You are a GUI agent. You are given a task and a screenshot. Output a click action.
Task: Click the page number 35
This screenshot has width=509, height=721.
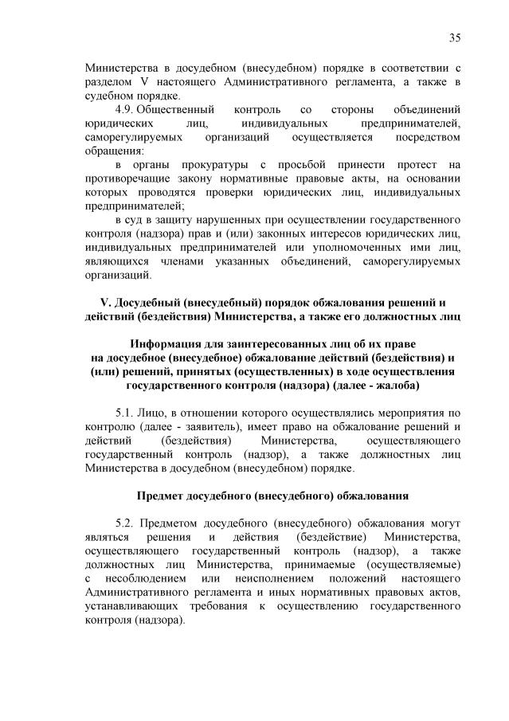(x=455, y=37)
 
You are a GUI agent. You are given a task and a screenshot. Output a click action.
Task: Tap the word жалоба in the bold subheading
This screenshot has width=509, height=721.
(x=398, y=386)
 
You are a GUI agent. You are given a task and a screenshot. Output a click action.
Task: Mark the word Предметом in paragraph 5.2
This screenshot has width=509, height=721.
(x=173, y=523)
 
